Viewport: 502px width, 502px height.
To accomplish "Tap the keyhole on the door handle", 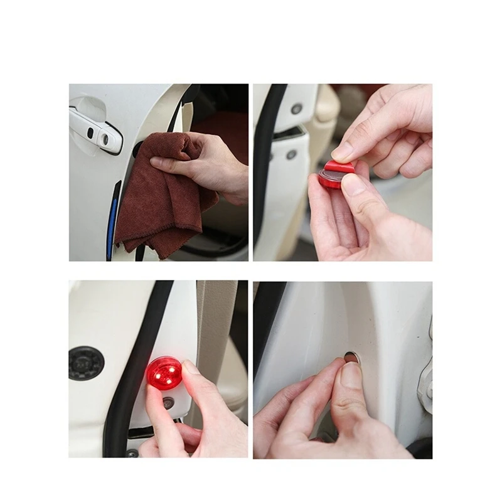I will tap(105, 139).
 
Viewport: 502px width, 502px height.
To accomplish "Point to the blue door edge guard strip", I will tap(113, 220).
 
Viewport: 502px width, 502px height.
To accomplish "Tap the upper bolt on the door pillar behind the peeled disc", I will tap(296, 108).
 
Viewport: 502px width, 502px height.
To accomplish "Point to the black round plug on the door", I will tap(86, 362).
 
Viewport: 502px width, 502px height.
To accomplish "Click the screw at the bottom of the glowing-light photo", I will tap(132, 452).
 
